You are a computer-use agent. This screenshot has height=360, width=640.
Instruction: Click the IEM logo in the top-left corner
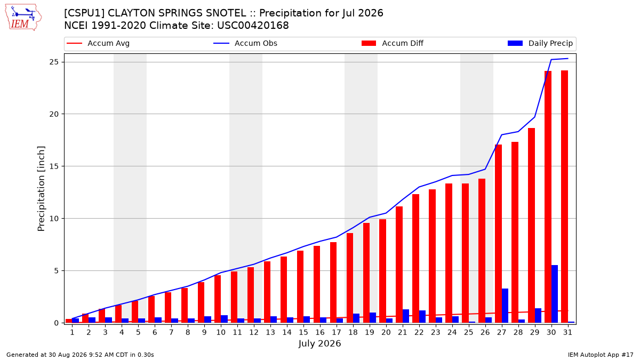click(x=23, y=18)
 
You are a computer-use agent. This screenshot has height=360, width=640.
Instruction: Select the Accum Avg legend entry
click(x=98, y=43)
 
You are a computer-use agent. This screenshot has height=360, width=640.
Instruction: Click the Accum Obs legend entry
click(x=245, y=43)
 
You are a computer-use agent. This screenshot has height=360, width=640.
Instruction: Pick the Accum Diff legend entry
click(x=393, y=43)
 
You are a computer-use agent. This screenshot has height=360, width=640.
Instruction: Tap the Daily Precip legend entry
click(x=540, y=43)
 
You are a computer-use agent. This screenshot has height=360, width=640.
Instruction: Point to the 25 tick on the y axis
click(x=54, y=62)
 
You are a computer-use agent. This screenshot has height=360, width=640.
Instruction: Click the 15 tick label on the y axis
click(x=54, y=166)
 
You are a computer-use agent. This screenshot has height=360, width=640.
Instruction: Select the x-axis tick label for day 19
click(x=370, y=332)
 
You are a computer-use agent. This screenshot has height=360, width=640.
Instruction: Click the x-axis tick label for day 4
click(x=122, y=332)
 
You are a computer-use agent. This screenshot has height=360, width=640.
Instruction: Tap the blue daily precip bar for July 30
click(x=555, y=294)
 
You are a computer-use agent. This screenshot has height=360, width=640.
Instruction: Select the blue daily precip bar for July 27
click(x=505, y=306)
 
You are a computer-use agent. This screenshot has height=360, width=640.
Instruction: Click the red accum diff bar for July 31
click(x=565, y=197)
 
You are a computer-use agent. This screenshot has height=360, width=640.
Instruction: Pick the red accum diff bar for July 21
click(x=399, y=265)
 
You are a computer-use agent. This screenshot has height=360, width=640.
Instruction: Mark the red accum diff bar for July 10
click(x=218, y=299)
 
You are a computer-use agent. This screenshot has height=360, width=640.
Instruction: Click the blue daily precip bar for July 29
click(x=538, y=316)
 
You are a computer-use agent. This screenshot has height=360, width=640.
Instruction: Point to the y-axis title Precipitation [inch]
click(x=41, y=189)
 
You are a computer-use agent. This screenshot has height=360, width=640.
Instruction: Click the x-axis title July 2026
click(x=319, y=343)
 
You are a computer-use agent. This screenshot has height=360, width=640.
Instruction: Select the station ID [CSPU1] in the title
click(x=84, y=13)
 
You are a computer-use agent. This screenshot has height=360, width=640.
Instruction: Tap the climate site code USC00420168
click(x=253, y=26)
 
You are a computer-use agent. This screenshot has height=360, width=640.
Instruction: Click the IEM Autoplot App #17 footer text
click(x=601, y=355)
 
